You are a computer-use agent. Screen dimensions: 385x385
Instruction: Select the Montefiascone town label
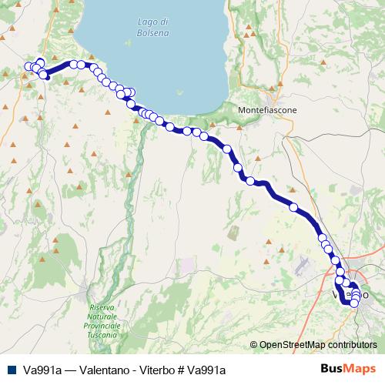pyautogui.click(x=268, y=109)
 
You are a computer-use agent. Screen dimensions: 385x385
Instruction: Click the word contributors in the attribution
pyautogui.click(x=353, y=346)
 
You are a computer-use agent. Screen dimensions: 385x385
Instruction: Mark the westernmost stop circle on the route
pyautogui.click(x=28, y=66)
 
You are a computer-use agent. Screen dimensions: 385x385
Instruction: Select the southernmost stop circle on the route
pyautogui.click(x=353, y=303)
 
